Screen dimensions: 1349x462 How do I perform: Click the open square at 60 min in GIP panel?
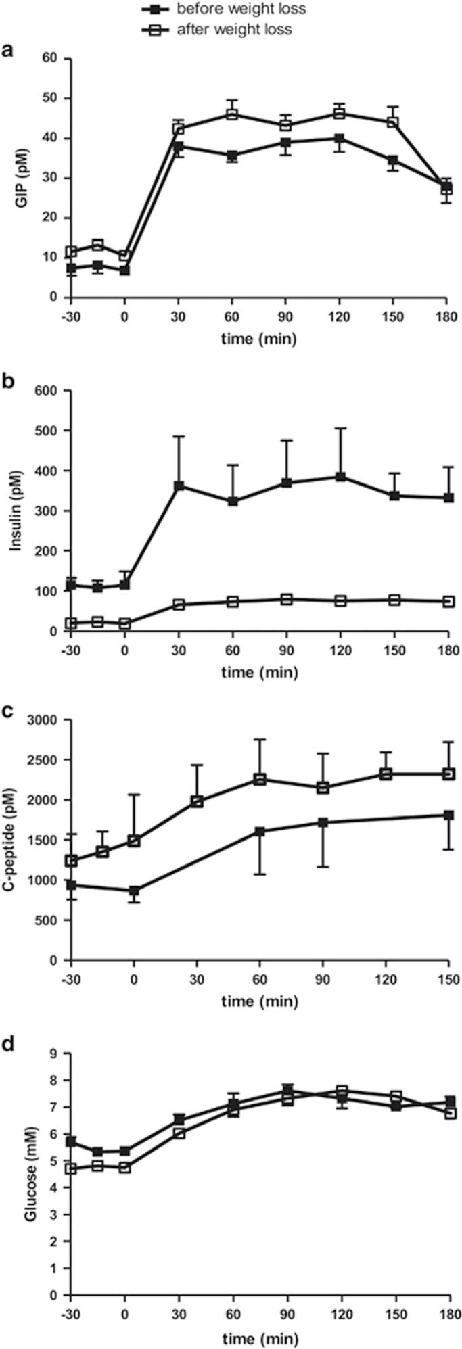click(x=232, y=114)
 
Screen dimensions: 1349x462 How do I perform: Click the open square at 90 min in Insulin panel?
click(x=286, y=599)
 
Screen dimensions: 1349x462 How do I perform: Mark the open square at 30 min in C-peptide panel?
click(x=197, y=801)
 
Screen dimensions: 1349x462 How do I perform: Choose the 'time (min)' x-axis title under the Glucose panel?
click(x=258, y=1338)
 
